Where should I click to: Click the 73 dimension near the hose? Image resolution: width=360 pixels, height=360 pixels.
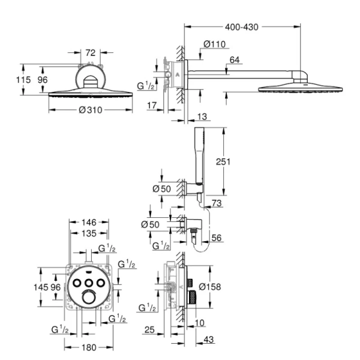point(216,204)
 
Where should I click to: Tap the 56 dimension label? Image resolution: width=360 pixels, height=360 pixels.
point(216,238)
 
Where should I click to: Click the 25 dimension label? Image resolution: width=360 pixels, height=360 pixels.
point(151,329)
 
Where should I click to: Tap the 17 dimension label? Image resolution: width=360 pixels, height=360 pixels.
point(151,104)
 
